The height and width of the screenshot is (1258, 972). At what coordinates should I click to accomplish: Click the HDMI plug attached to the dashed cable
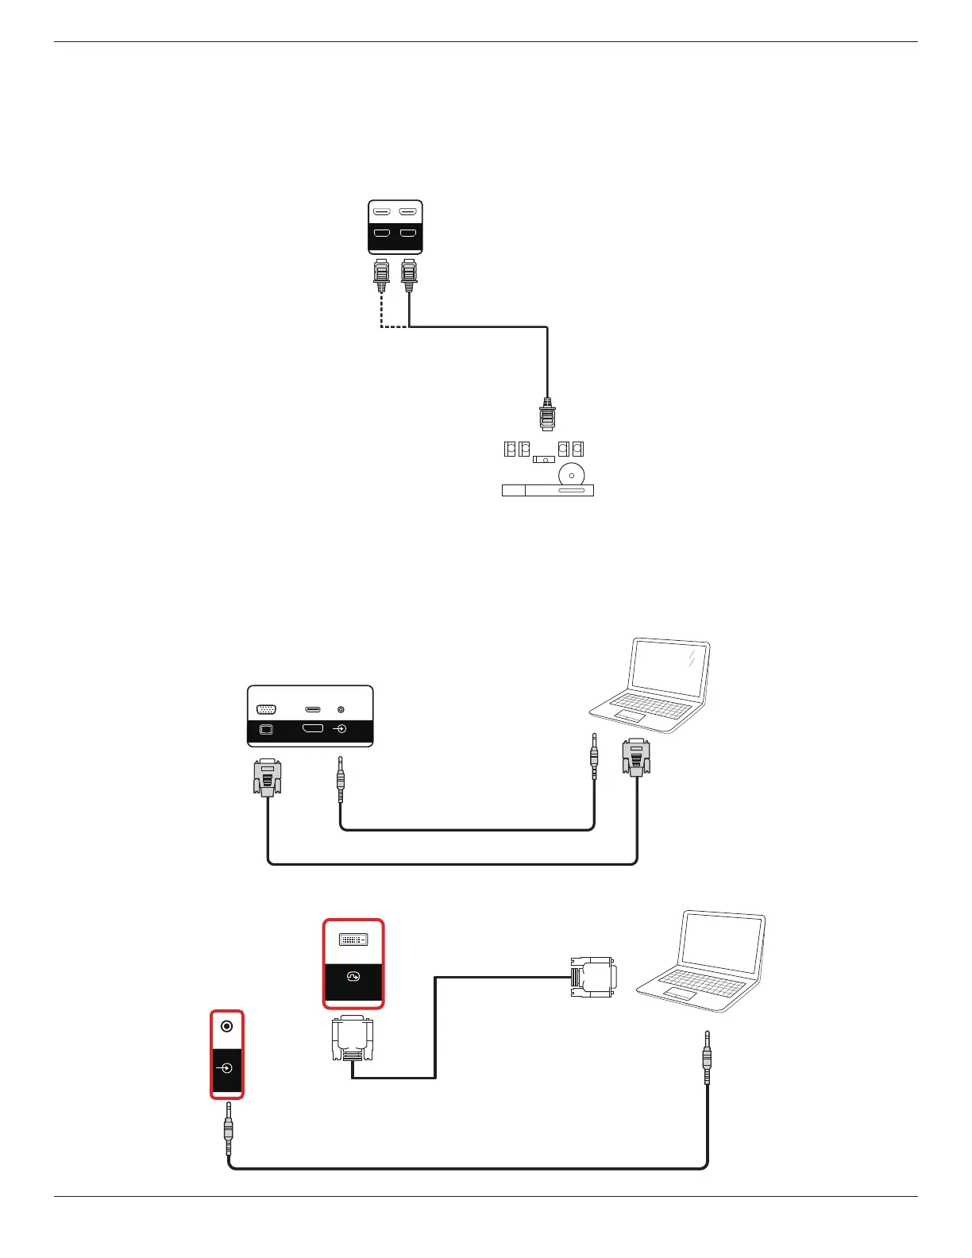point(382,276)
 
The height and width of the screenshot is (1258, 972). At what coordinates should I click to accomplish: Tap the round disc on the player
point(572,475)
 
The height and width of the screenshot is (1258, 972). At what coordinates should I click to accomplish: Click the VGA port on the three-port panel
point(267,709)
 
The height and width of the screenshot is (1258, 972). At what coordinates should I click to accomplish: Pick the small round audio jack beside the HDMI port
point(341,708)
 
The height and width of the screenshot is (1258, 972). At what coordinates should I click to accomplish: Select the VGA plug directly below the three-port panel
point(267,777)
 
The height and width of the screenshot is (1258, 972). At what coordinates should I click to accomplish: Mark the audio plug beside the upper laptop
point(594,754)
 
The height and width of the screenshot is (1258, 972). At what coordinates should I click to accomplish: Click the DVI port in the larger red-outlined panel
point(353,940)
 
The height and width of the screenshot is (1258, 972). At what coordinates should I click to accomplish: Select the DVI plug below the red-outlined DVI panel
point(353,1040)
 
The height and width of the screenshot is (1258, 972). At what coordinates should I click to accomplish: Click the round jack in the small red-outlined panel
point(227,1027)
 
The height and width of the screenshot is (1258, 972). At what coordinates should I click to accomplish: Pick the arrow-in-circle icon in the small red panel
point(227,1068)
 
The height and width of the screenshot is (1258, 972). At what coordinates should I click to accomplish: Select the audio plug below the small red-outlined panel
point(229,1127)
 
